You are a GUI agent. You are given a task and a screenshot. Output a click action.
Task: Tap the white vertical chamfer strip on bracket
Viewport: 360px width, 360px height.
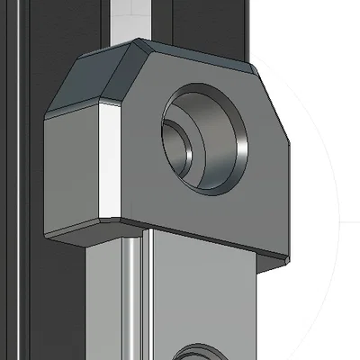(107, 162)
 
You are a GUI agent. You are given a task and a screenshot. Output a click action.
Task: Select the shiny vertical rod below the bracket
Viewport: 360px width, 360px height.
(133, 297)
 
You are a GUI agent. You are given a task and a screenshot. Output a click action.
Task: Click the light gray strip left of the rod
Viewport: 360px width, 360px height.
(108, 297)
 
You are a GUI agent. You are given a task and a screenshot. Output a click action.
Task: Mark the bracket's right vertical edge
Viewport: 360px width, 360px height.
(290, 198)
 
